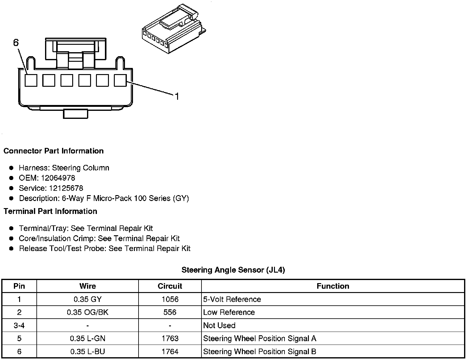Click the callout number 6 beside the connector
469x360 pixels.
coord(16,43)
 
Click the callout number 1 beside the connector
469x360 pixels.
coord(177,97)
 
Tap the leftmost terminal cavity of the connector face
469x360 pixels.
coord(31,81)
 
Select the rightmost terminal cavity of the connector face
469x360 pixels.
coord(120,81)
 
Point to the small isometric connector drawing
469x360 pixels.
coord(173,29)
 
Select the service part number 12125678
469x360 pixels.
coord(66,188)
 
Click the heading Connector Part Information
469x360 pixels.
coord(53,151)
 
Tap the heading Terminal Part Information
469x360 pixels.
coord(50,211)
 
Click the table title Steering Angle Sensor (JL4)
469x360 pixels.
coord(233,270)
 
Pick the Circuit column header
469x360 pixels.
coord(170,286)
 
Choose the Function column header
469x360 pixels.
coord(333,286)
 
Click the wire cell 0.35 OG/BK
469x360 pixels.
coord(88,312)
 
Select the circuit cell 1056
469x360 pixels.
coord(170,299)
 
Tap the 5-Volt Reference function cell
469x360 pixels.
coord(232,299)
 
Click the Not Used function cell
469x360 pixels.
coord(219,325)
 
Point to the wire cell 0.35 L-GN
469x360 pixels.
coord(88,338)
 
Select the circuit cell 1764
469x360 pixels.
coord(170,351)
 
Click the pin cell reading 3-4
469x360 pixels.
coord(19,325)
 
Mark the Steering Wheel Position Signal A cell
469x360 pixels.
coord(259,338)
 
